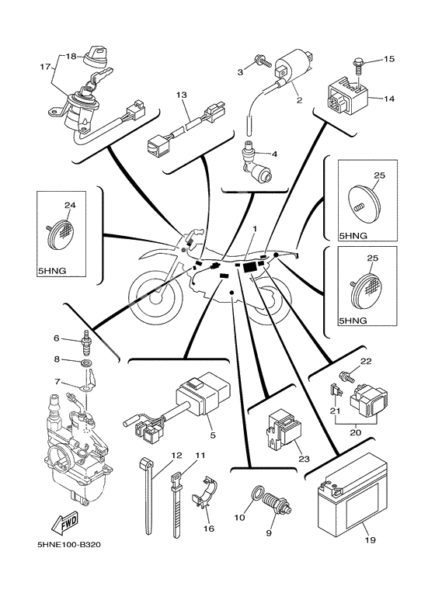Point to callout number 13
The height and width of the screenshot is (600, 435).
[182, 95]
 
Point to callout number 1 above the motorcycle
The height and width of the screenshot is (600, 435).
[253, 229]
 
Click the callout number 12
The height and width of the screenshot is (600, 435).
[155, 455]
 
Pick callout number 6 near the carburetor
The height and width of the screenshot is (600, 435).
[57, 338]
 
